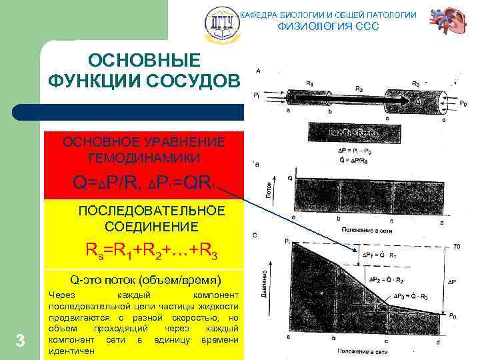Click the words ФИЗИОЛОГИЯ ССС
coord(328,27)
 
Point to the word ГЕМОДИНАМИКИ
coord(143,157)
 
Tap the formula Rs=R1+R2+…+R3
coord(151,251)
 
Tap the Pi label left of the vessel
coord(257,95)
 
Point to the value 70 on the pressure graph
coord(457,247)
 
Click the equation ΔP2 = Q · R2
coord(389,280)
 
